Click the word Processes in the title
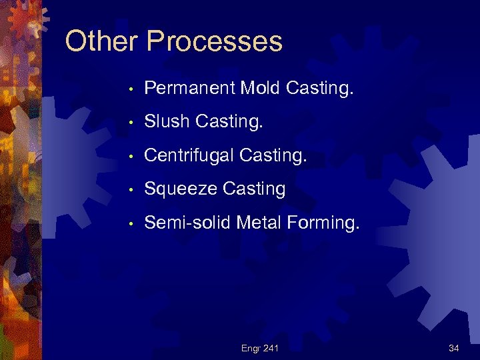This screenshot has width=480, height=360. pos(214,41)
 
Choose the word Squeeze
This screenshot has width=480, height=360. pos(178,189)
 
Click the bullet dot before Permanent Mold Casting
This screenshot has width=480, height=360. pos(133,89)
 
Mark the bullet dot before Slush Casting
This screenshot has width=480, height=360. pos(133,123)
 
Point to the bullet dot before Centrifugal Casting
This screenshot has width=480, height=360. pos(133,156)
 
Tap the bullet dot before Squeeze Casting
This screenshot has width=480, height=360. pos(133,190)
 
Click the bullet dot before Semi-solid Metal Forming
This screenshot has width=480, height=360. pos(133,223)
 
